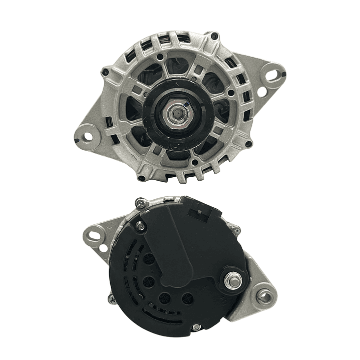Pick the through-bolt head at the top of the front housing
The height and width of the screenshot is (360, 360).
tap(214, 37)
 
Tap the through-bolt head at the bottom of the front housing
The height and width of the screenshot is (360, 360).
tap(142, 178)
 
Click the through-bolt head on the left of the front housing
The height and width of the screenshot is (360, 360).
tap(105, 73)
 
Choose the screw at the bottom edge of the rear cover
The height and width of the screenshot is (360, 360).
tap(197, 327)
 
